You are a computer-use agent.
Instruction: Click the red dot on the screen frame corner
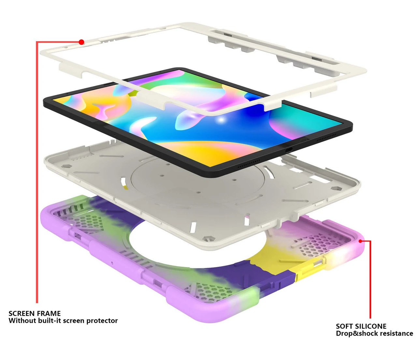pyautogui.click(x=81, y=42)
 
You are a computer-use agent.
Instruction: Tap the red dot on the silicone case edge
pyautogui.click(x=360, y=241)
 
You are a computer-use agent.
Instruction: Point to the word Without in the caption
pyautogui.click(x=22, y=321)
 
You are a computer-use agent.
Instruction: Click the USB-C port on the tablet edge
pyautogui.click(x=289, y=150)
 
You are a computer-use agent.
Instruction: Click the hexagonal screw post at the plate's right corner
pyautogui.click(x=336, y=188)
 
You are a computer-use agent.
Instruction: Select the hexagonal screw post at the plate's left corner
pyautogui.click(x=65, y=166)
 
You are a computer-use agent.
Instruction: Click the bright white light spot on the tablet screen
pyautogui.click(x=221, y=120)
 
